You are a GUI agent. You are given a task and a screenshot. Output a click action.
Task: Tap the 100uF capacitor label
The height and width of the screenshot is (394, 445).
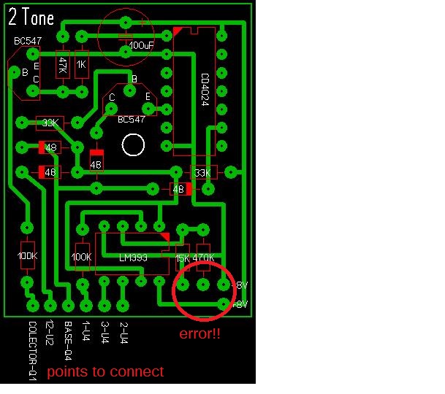[141, 45]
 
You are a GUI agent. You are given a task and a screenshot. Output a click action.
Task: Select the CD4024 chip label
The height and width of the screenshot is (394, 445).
[205, 89]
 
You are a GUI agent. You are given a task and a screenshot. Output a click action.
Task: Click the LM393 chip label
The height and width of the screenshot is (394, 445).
[135, 258]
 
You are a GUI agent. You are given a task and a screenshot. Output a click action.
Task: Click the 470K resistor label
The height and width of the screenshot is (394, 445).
[204, 258]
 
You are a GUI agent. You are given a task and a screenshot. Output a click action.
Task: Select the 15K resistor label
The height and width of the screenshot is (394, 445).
[182, 258]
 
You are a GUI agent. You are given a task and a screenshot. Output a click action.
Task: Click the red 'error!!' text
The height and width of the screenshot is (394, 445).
[200, 334]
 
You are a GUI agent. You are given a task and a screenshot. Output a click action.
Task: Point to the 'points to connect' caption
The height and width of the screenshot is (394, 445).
[105, 372]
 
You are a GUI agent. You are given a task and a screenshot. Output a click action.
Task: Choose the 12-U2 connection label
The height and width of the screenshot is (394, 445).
[50, 333]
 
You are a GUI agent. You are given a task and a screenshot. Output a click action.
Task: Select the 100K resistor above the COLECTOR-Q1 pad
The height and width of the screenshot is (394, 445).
[27, 255]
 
